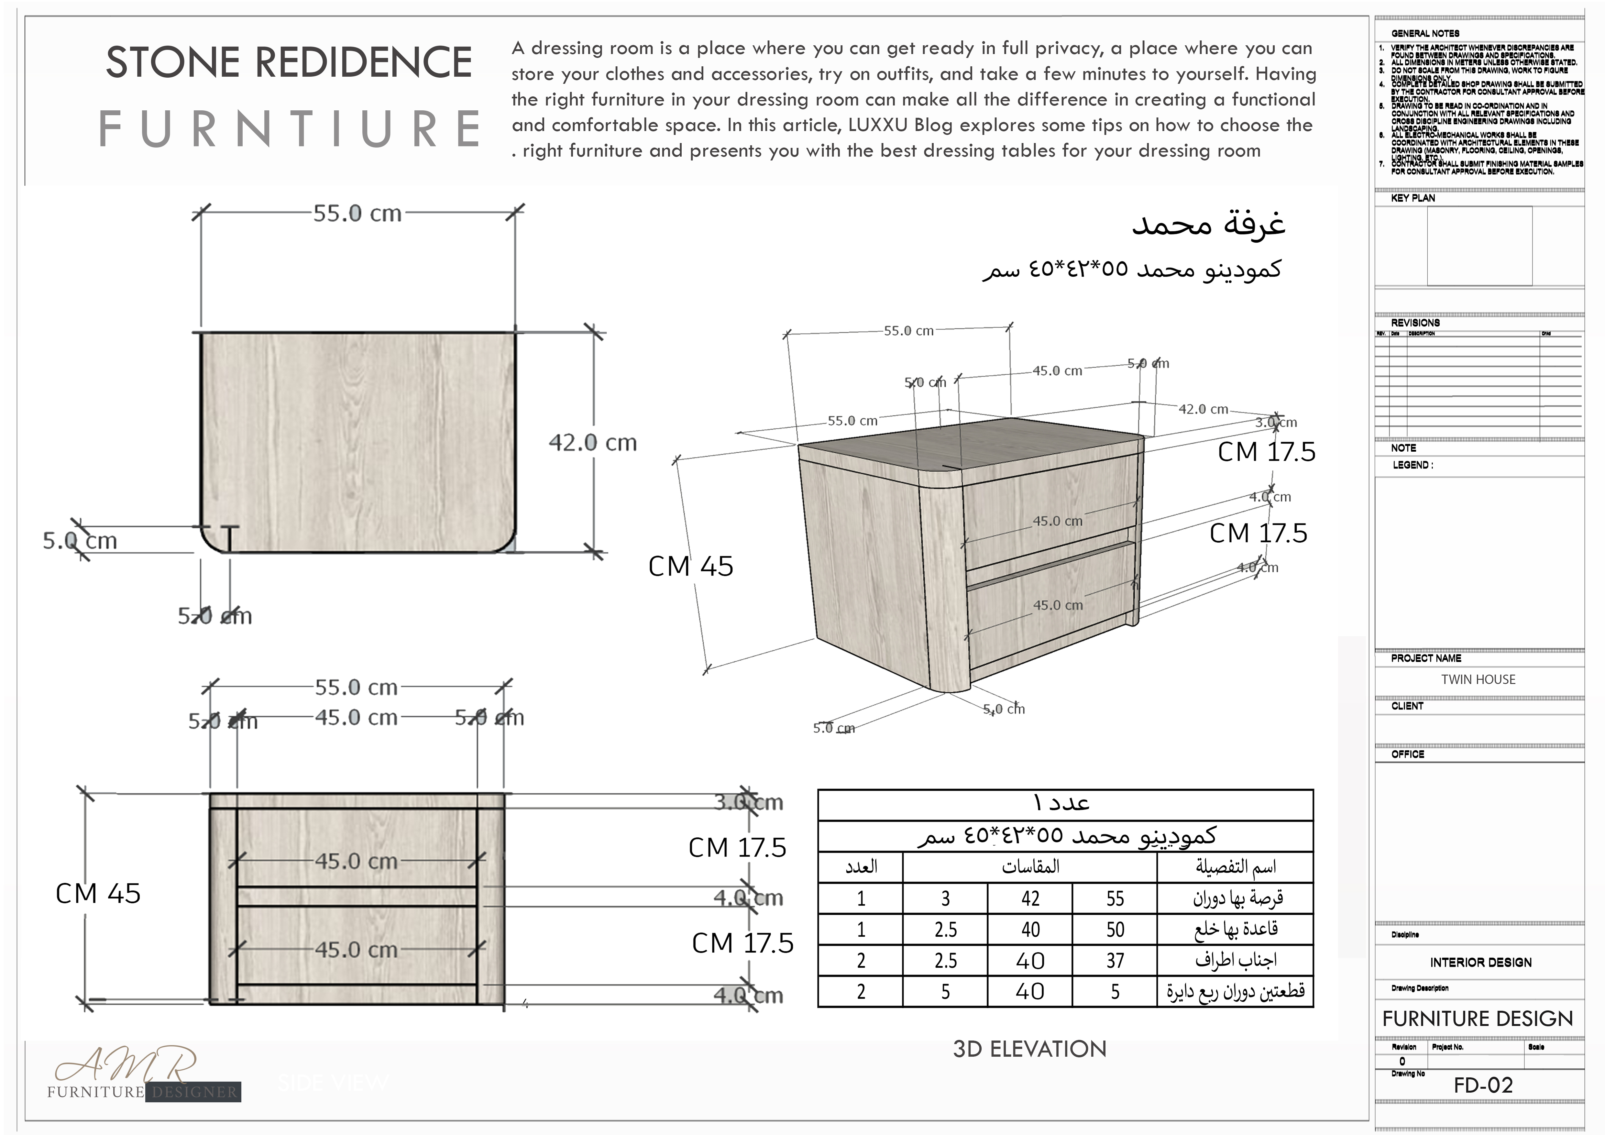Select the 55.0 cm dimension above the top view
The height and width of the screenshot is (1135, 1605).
coord(357,213)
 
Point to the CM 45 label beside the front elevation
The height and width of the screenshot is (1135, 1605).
coord(98,893)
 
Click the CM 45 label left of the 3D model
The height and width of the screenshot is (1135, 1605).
coord(691,566)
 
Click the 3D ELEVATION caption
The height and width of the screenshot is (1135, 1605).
coord(1030,1049)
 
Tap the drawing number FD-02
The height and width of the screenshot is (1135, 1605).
coord(1483,1085)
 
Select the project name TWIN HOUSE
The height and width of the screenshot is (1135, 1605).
coord(1478,679)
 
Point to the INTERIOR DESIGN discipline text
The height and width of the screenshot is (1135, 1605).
coord(1480,962)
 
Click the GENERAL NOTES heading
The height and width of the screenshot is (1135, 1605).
coord(1425,33)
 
